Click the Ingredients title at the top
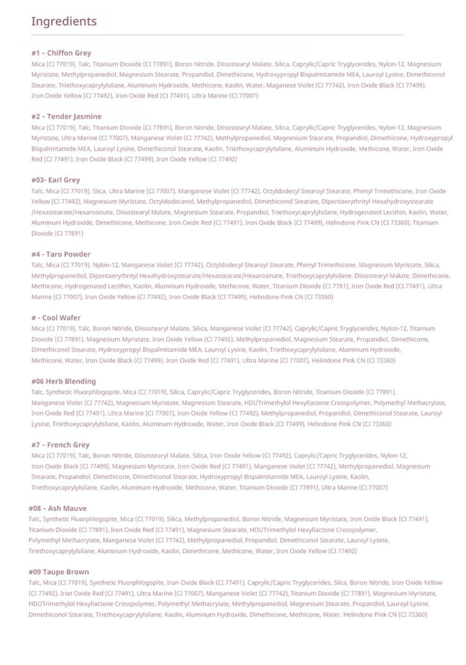(x=64, y=22)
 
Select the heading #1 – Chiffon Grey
(x=61, y=53)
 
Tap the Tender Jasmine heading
(x=66, y=116)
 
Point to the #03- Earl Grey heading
(x=56, y=180)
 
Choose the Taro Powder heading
(x=60, y=254)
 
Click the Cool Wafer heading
(x=56, y=318)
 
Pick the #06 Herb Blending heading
(x=63, y=381)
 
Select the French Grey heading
(x=60, y=444)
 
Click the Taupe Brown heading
(x=59, y=571)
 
